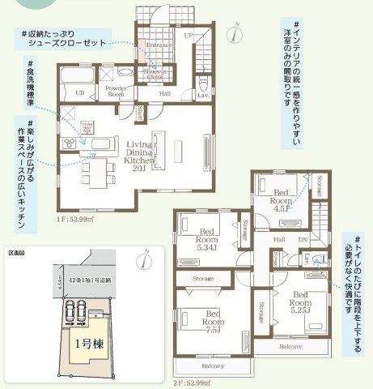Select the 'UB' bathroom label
pos(78,93)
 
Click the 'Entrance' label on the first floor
pos(159,45)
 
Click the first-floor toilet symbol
pos(202,82)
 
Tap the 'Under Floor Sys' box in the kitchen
pos(85,127)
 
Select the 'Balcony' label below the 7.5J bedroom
pos(213,366)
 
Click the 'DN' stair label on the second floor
pos(304,241)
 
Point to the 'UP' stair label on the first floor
pos(189,36)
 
